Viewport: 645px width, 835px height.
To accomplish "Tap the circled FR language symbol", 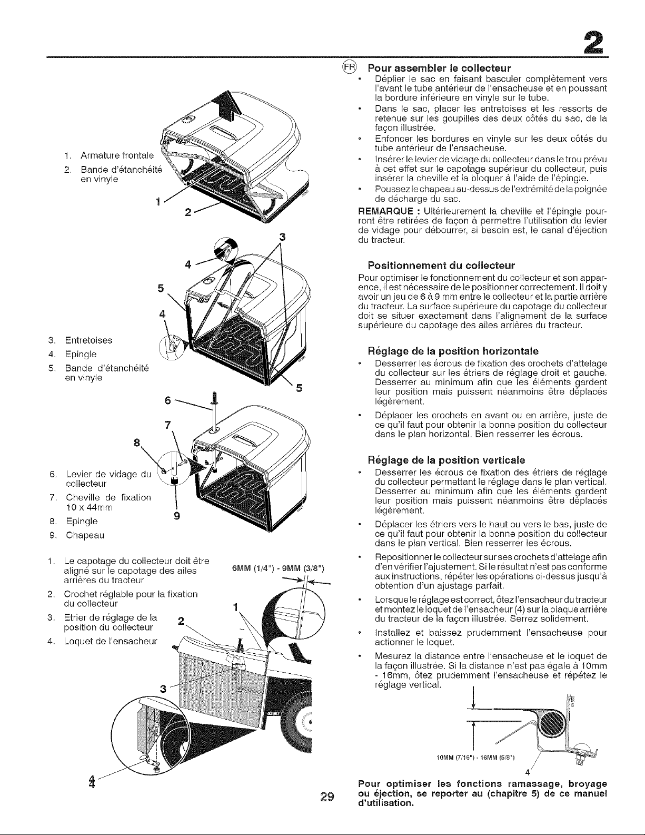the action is (x=350, y=67).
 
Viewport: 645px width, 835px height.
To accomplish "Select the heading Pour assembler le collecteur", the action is (x=439, y=68).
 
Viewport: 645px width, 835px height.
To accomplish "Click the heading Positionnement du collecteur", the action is (x=441, y=266).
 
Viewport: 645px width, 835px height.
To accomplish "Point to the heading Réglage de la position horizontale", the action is (x=453, y=351).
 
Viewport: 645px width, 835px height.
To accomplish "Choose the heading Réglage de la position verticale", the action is (x=446, y=460).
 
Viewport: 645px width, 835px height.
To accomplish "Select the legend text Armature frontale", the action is (x=117, y=155).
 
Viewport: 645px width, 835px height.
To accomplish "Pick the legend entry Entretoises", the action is (x=88, y=340).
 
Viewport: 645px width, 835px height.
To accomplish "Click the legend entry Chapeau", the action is (x=85, y=535).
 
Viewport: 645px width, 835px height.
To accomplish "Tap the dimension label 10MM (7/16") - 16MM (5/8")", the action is (x=475, y=758).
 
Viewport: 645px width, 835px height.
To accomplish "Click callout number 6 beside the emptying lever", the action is (x=167, y=400).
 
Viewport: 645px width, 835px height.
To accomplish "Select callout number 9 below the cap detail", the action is (x=176, y=516).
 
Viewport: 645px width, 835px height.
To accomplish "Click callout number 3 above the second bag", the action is (x=283, y=238).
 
